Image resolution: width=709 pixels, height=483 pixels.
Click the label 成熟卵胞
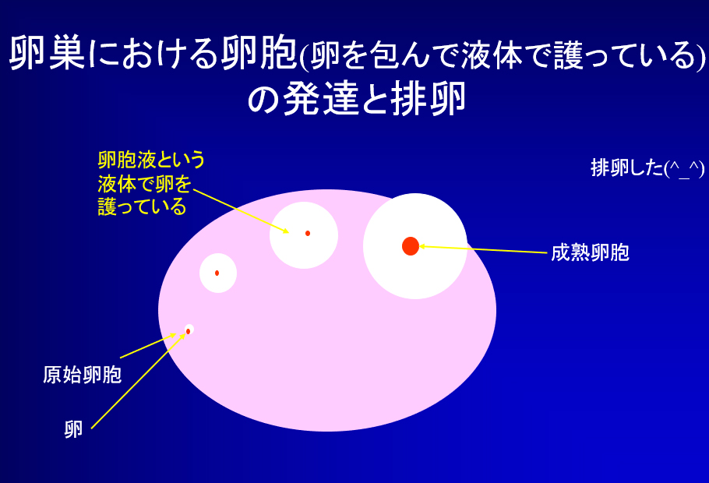[x=590, y=252]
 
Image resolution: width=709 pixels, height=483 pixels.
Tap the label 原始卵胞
[x=83, y=375]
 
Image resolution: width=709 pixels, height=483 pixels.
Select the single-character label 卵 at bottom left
[x=73, y=429]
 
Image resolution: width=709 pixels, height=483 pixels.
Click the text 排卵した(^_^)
[x=647, y=168]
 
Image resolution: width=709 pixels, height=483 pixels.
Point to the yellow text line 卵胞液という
[x=151, y=160]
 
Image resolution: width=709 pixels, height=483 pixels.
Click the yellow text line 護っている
[x=142, y=206]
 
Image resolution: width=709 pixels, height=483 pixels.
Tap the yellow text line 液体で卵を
[x=145, y=184]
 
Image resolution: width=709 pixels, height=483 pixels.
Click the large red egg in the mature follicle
[x=411, y=246]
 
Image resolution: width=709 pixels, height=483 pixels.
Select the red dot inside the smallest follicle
[x=188, y=332]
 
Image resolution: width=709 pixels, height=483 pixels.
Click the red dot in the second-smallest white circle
[x=217, y=273]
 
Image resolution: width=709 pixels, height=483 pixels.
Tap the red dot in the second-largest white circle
[x=308, y=234]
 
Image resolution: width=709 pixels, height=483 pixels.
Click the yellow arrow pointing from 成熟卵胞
[x=483, y=249]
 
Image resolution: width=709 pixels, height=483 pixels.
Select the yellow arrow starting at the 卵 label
[x=139, y=381]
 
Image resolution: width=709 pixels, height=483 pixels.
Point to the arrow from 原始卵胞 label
[x=148, y=346]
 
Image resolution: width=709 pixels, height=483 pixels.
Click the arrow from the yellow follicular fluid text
[x=241, y=211]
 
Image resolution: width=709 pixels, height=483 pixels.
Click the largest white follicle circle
[x=415, y=246]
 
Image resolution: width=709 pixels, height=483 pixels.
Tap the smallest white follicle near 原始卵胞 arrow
[x=189, y=330]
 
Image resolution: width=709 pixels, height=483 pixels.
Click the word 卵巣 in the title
[x=47, y=54]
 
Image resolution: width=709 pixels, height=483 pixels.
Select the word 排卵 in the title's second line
[x=428, y=98]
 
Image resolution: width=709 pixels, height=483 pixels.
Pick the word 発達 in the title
[x=321, y=98]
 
